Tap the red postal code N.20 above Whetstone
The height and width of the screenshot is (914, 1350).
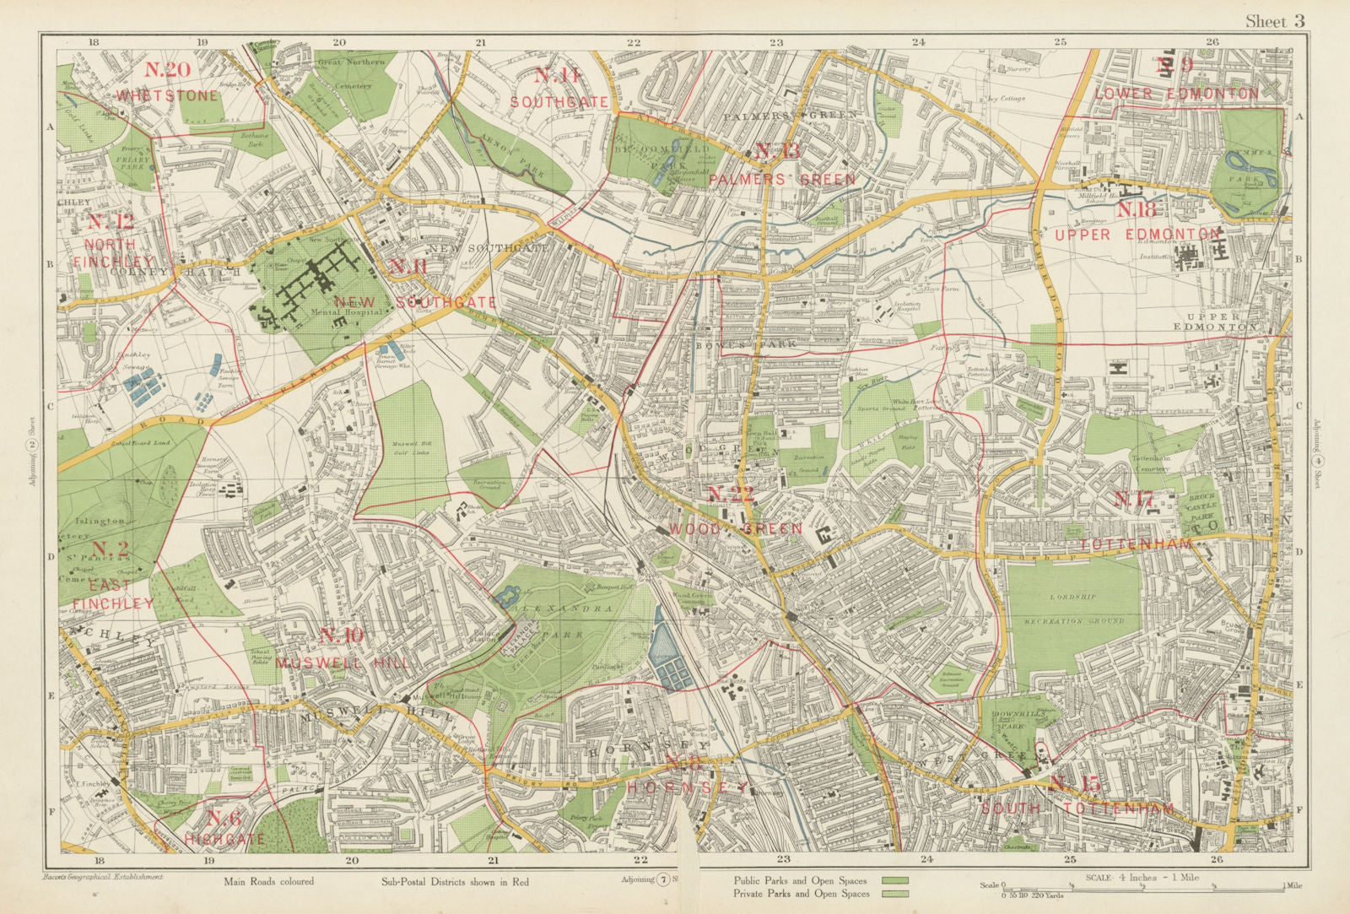click(x=167, y=71)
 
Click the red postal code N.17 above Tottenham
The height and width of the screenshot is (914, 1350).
click(x=1132, y=500)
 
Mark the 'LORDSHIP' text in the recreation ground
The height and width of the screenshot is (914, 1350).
click(x=1073, y=597)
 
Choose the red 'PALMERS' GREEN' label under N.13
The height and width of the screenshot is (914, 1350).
click(x=782, y=180)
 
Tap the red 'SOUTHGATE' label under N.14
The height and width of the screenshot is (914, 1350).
click(x=559, y=101)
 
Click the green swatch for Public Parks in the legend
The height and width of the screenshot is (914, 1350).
click(x=895, y=880)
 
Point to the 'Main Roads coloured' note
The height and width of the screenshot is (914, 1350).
click(x=268, y=882)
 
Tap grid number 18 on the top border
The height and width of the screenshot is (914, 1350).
click(x=94, y=41)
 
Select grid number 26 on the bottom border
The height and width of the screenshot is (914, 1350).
click(x=1216, y=859)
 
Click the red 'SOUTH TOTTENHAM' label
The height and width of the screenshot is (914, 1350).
click(x=1077, y=809)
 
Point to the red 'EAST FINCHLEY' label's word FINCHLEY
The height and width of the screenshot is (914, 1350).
click(x=114, y=603)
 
